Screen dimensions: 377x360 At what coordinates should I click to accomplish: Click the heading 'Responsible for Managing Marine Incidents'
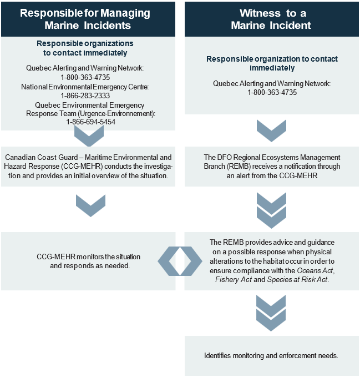point(88,18)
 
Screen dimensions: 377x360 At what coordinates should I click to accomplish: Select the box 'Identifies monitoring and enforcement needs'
point(271,355)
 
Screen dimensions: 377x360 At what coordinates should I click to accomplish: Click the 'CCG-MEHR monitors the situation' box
point(88,261)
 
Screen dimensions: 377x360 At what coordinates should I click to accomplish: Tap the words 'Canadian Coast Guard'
point(30,158)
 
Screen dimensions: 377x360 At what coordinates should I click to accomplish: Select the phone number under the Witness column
point(272,92)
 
